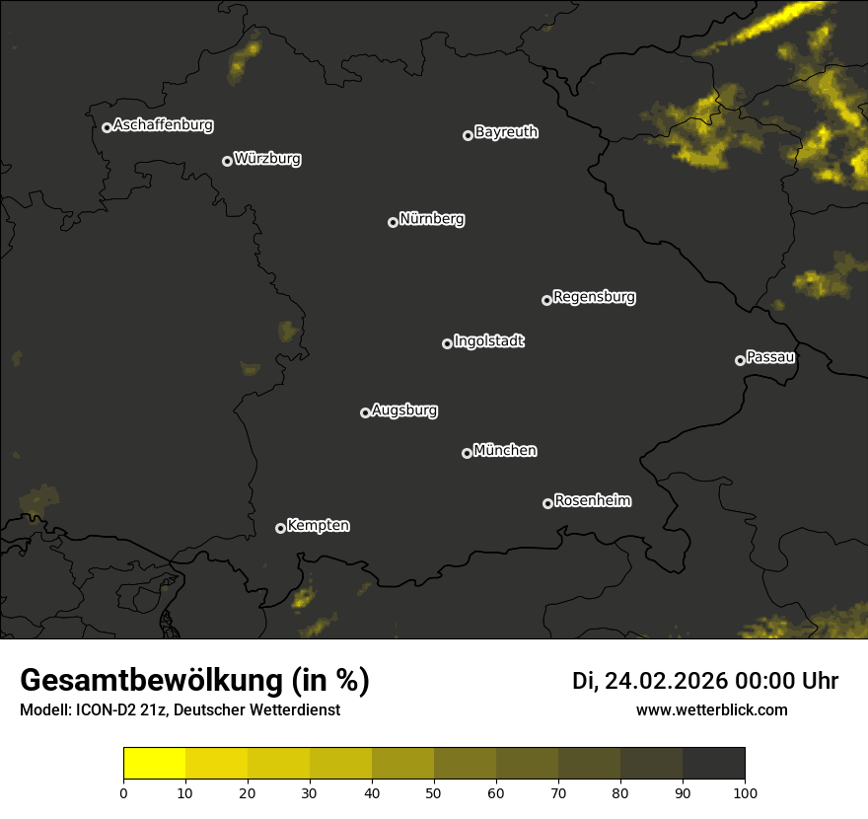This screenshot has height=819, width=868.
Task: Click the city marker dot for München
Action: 467,453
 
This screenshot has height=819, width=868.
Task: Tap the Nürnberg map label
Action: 432,219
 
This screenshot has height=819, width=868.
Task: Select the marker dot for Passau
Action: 740,360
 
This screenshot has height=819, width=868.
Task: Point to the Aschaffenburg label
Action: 163,125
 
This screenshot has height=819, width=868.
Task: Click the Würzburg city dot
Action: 227,161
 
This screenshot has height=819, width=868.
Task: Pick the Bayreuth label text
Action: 506,132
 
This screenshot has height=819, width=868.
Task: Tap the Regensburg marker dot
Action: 546,300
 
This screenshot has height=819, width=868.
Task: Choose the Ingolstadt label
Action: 489,341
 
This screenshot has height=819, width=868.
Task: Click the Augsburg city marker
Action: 365,412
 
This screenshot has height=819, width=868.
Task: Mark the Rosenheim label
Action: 592,501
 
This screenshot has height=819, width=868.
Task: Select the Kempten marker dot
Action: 280,528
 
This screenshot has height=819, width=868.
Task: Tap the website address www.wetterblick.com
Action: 712,709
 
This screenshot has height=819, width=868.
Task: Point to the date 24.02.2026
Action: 666,681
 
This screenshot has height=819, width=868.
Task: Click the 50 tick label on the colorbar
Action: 434,791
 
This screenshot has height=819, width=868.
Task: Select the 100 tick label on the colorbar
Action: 744,791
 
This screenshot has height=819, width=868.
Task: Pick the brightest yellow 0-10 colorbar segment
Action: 155,763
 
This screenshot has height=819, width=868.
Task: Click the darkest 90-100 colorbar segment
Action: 713,763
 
